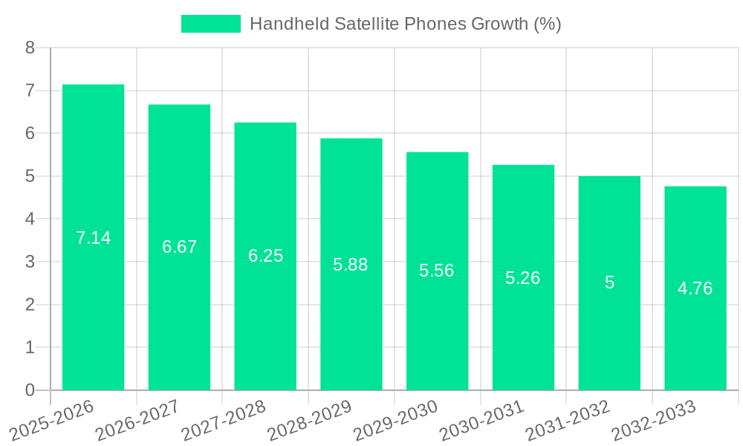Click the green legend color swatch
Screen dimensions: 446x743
[x=211, y=24]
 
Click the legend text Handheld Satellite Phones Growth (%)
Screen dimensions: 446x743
[x=405, y=24]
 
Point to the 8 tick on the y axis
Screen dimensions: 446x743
[x=30, y=48]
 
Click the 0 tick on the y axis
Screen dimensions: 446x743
[x=30, y=390]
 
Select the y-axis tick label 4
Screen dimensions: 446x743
[x=30, y=219]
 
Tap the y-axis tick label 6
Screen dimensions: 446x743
[x=30, y=134]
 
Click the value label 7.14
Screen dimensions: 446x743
[x=93, y=238]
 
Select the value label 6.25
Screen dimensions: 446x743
[x=265, y=256]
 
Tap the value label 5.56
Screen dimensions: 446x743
[x=437, y=271]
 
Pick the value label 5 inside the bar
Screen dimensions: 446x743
[x=609, y=282]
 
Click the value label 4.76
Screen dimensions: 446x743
[x=695, y=288]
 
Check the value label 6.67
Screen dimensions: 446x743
[x=179, y=247]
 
